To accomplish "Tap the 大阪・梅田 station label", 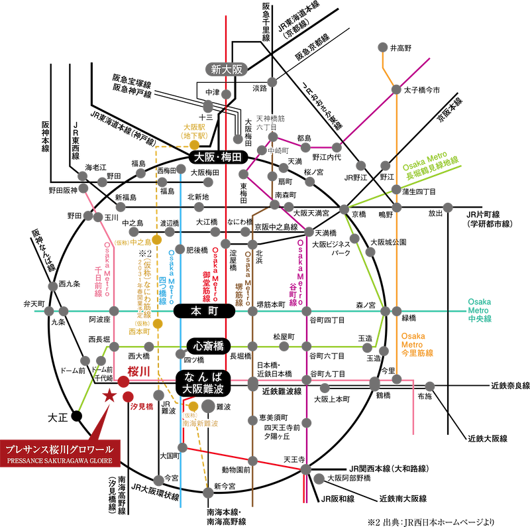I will [218, 158].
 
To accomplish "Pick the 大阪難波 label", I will [204, 389].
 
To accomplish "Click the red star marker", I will [108, 396].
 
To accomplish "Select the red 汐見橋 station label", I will [142, 406].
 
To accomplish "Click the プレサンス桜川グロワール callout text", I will [60, 448].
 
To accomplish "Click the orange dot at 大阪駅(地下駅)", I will [194, 145].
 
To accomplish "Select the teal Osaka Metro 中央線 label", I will [479, 310].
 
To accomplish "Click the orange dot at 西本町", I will [158, 323].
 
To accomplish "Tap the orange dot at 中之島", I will [157, 239].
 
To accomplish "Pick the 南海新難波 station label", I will [199, 422].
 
